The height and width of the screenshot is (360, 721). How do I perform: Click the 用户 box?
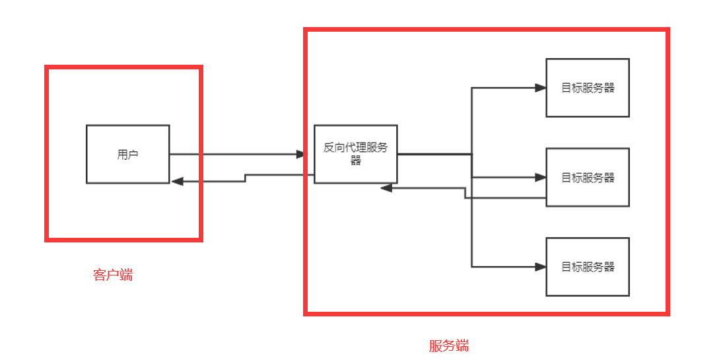(127, 154)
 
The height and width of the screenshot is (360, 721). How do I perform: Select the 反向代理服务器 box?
(355, 154)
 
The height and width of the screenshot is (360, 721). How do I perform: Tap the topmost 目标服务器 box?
(587, 88)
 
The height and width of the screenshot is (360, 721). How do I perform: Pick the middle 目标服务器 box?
(587, 177)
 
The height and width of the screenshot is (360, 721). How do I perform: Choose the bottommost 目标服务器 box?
(587, 267)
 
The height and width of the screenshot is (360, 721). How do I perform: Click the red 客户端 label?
(113, 275)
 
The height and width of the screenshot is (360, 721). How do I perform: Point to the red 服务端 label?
(449, 345)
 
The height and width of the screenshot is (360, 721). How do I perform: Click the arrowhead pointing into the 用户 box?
(176, 181)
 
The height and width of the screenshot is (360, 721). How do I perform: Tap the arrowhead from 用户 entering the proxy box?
(303, 155)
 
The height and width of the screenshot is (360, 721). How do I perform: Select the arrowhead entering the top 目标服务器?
(541, 88)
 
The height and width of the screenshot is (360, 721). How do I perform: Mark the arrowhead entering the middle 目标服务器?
(541, 177)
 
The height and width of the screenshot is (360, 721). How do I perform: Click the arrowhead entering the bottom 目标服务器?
(541, 267)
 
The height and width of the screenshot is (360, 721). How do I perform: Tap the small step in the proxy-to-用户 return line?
(245, 178)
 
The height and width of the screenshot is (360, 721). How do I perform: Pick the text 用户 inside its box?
(127, 155)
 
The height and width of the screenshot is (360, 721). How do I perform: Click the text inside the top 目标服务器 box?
(588, 88)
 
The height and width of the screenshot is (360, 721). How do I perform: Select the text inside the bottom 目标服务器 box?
(588, 267)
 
